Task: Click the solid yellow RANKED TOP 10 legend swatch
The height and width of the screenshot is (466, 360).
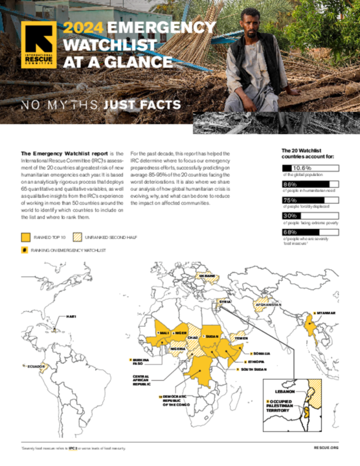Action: [27, 237]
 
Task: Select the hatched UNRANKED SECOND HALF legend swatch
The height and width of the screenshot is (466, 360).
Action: [78, 237]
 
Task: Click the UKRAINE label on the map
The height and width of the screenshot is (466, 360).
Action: [207, 276]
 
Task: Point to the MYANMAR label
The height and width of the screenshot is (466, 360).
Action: [326, 313]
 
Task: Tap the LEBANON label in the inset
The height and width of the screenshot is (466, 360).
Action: [286, 392]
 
